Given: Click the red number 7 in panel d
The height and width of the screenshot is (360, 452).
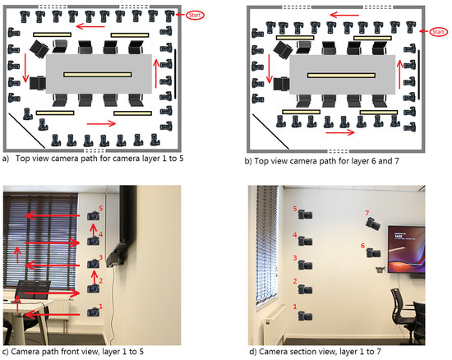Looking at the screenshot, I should pyautogui.click(x=367, y=214).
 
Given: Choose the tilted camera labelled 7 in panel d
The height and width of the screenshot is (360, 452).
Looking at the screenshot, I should pyautogui.click(x=374, y=223).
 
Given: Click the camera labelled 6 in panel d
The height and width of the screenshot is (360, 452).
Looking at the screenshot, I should pyautogui.click(x=375, y=252).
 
